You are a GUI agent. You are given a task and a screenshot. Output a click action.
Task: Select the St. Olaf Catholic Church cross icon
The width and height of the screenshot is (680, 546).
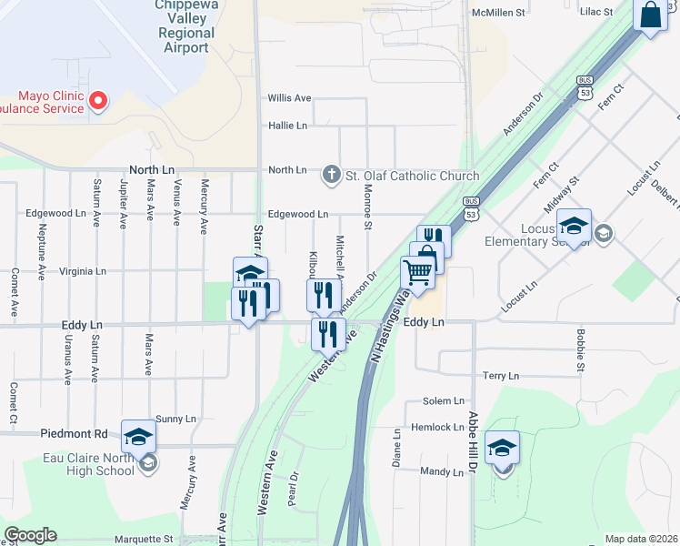[x=333, y=174]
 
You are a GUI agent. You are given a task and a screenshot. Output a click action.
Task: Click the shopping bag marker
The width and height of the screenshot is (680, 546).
[x=650, y=15]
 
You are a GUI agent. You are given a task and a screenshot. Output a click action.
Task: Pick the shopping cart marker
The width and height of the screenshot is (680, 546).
[x=417, y=271]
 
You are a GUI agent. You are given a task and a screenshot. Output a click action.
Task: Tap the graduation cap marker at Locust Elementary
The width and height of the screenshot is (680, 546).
[x=574, y=226]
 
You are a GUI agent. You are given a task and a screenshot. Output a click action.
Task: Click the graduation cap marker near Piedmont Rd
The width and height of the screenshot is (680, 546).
[x=138, y=437]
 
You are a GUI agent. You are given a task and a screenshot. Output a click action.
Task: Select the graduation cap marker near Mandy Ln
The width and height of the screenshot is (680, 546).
[x=502, y=448]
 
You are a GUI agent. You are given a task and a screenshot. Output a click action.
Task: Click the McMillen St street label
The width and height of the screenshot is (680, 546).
[x=499, y=13]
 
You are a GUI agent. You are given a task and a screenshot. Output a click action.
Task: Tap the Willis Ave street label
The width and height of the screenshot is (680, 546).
[x=289, y=98]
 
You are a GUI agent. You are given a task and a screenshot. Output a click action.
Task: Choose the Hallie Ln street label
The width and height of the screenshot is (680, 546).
[x=287, y=126]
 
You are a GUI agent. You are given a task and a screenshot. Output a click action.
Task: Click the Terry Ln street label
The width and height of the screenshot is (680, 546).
[x=500, y=376]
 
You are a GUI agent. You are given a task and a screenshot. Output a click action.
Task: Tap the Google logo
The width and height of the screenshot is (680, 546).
[x=30, y=535]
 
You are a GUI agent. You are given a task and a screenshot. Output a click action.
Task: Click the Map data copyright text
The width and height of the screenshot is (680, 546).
[x=640, y=539]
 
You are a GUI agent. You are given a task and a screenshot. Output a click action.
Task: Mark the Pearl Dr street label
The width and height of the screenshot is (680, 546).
[x=293, y=488]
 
